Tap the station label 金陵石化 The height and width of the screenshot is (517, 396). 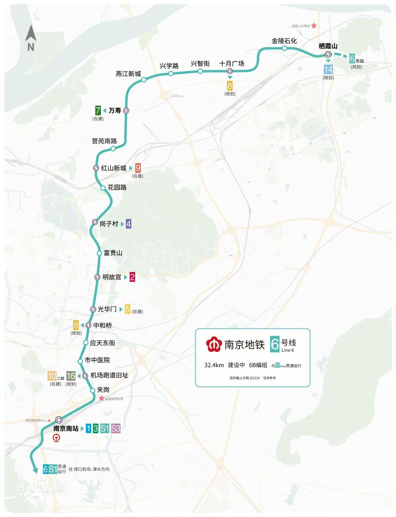click(284, 41)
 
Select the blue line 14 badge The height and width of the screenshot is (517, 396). click(328, 69)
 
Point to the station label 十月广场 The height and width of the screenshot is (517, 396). click(232, 63)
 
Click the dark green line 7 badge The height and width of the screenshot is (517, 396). click(98, 110)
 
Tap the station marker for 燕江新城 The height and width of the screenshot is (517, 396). click(144, 80)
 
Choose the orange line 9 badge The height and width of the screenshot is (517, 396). click(138, 168)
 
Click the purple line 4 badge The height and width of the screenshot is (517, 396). click(128, 223)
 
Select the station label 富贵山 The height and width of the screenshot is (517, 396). click(113, 253)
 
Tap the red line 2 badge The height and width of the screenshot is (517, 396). click(132, 277)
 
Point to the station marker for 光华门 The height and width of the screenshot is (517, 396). click(93, 309)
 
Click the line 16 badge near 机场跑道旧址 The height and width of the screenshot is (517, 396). click(71, 375)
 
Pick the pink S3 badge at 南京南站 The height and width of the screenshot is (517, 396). click(115, 428)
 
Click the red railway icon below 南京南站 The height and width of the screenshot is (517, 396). click(57, 438)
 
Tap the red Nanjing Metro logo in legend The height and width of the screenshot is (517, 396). click(214, 345)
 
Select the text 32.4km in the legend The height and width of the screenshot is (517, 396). click(214, 365)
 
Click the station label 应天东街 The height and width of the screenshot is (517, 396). click(103, 343)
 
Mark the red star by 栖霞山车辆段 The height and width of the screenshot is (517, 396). click(314, 26)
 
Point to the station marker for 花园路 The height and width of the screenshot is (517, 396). click(103, 188)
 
